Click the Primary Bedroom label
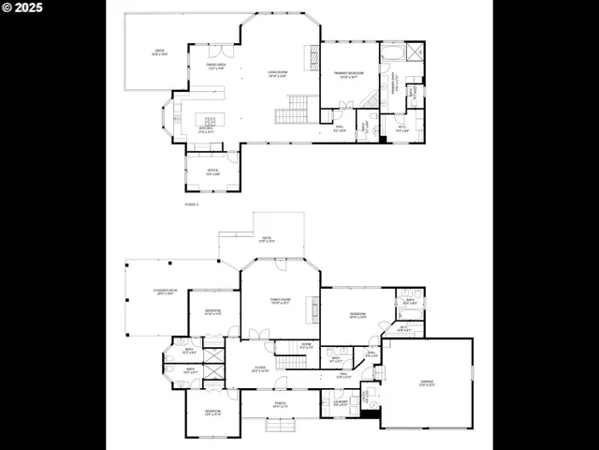click(349, 76)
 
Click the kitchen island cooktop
click(209, 121)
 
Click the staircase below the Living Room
click(291, 114)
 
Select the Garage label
click(424, 385)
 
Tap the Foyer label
click(259, 369)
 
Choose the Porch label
click(280, 405)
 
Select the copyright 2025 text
click(25, 7)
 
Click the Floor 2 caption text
click(191, 202)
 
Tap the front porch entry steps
click(280, 426)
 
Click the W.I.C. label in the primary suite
click(402, 129)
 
